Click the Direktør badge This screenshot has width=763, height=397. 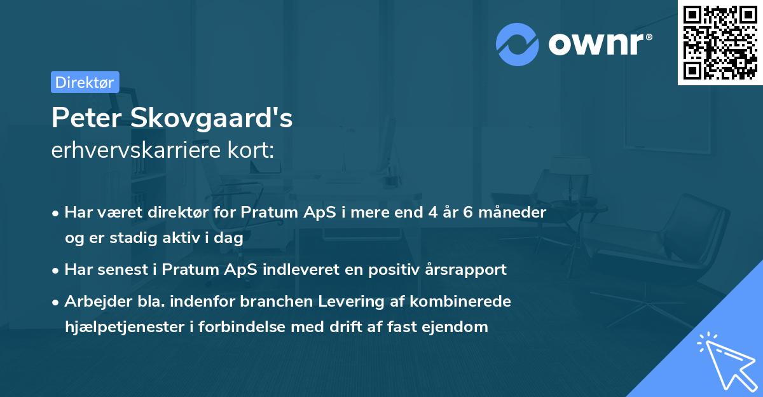tap(85, 81)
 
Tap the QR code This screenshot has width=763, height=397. tap(719, 42)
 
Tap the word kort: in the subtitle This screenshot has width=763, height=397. tap(253, 151)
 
